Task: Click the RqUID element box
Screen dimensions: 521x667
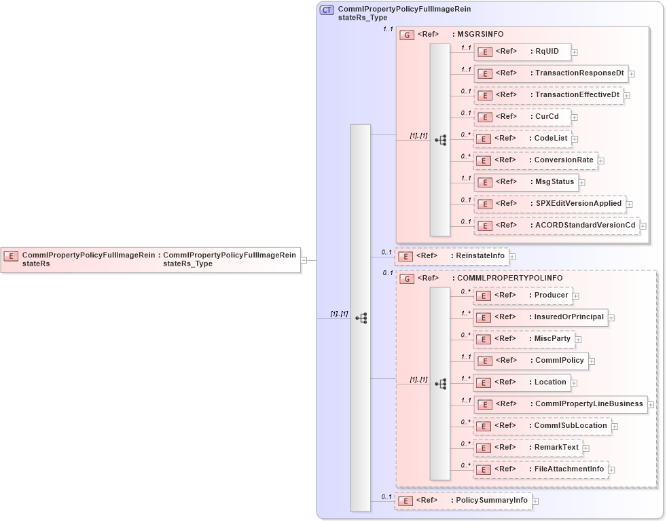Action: pyautogui.click(x=522, y=52)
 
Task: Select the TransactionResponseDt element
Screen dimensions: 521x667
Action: pyautogui.click(x=550, y=73)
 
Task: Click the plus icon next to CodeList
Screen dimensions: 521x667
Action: pyautogui.click(x=575, y=139)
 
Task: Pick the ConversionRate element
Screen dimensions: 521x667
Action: pyautogui.click(x=535, y=161)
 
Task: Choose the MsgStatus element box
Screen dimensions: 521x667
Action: pyautogui.click(x=526, y=182)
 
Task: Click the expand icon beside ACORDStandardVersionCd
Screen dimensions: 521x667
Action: pyautogui.click(x=643, y=226)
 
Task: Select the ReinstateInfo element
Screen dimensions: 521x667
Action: pyautogui.click(x=452, y=256)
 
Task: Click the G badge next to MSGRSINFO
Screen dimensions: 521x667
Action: pyautogui.click(x=407, y=35)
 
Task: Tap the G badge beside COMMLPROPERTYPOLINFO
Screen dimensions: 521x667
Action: pyautogui.click(x=407, y=279)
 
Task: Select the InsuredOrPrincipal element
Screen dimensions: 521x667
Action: pyautogui.click(x=540, y=317)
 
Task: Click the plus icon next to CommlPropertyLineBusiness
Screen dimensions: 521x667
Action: pyautogui.click(x=651, y=405)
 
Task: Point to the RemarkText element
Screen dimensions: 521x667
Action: pyautogui.click(x=528, y=448)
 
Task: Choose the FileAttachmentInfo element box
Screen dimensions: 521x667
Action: pyautogui.click(x=541, y=469)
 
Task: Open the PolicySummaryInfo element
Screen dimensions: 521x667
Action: pyautogui.click(x=463, y=501)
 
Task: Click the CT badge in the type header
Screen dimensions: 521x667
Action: pyautogui.click(x=327, y=10)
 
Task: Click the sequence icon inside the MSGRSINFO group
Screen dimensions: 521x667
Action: pyautogui.click(x=441, y=140)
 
